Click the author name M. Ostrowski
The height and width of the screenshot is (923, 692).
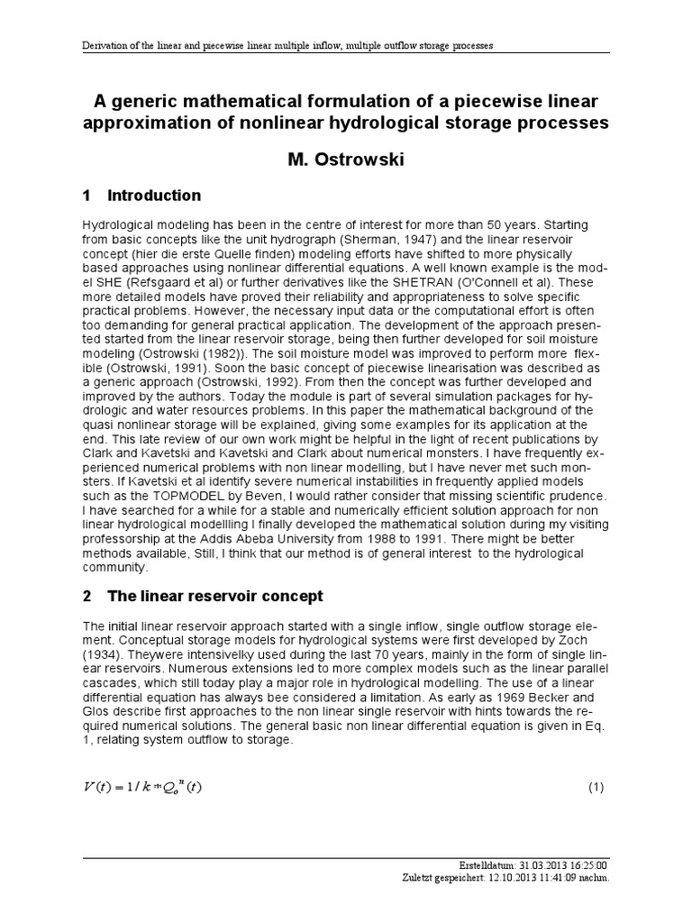345,159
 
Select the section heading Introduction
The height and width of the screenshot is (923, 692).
154,196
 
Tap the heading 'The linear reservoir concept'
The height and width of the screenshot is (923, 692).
214,597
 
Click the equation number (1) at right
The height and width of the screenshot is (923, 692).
595,787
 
